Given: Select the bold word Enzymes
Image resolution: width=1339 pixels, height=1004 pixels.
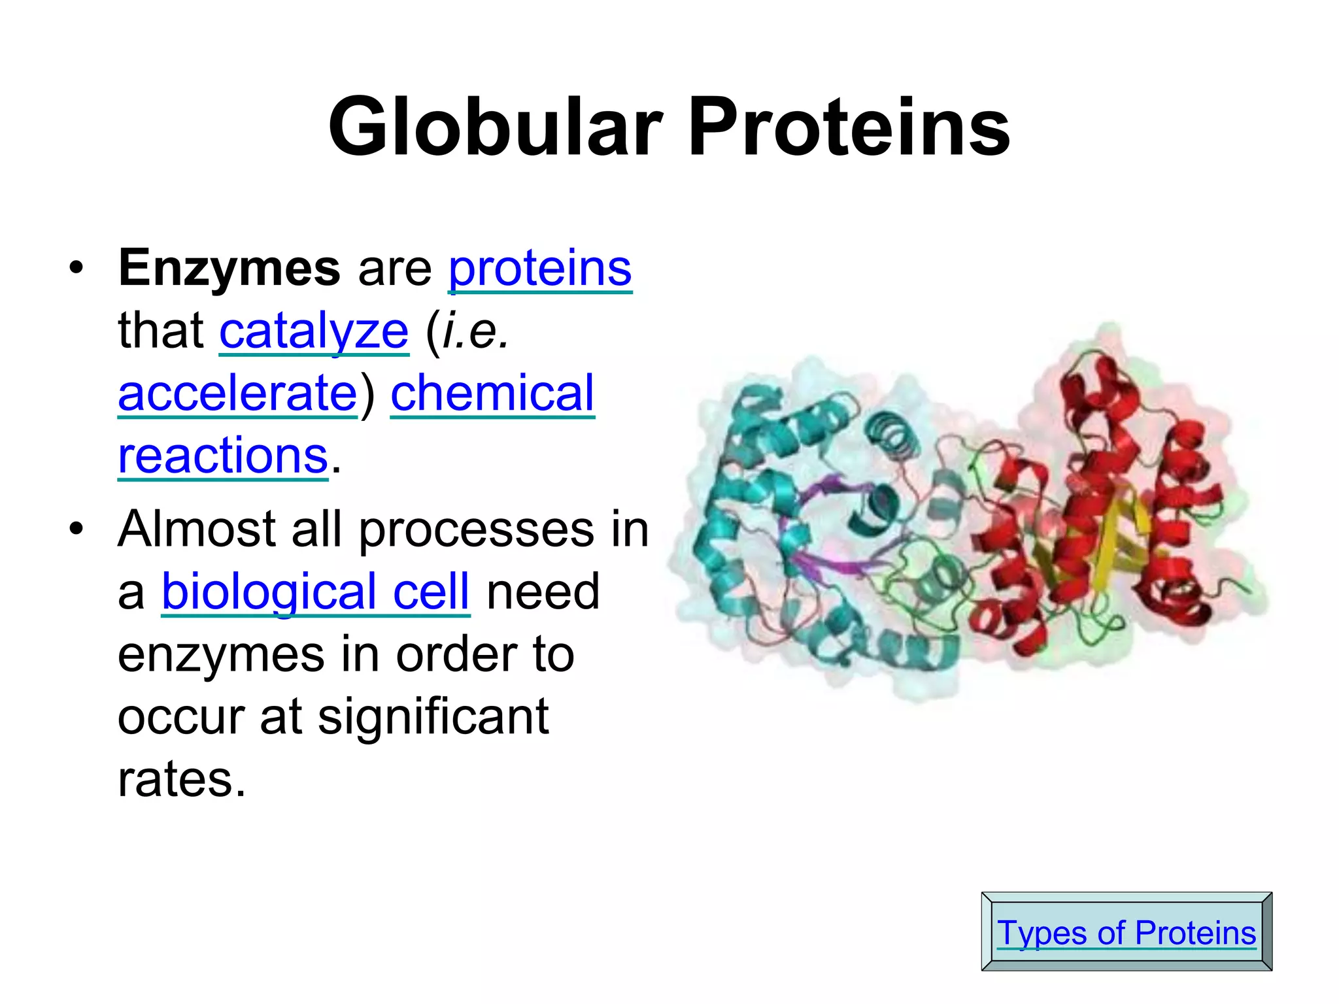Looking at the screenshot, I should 229,268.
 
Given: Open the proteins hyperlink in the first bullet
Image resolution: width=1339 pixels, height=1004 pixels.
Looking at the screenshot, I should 539,268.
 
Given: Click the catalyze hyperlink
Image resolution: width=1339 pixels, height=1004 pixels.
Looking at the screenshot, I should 314,331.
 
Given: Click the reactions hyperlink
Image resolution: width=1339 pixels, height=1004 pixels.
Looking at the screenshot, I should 222,456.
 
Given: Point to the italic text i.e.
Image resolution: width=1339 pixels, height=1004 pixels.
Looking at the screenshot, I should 475,331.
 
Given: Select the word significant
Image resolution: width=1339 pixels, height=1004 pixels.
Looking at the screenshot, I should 433,716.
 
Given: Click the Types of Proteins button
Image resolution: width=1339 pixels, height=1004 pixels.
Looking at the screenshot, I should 1126,932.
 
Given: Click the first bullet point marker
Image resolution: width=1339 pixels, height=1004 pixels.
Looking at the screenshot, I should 76,268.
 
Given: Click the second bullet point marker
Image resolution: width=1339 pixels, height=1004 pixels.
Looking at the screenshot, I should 76,529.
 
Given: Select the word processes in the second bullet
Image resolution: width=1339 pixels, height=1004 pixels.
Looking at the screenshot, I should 477,529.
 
